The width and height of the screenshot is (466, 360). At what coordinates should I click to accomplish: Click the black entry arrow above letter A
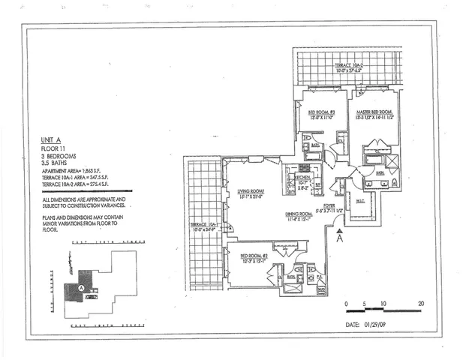[x=339, y=233]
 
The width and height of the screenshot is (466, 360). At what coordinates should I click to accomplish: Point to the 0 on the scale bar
[x=347, y=304]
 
